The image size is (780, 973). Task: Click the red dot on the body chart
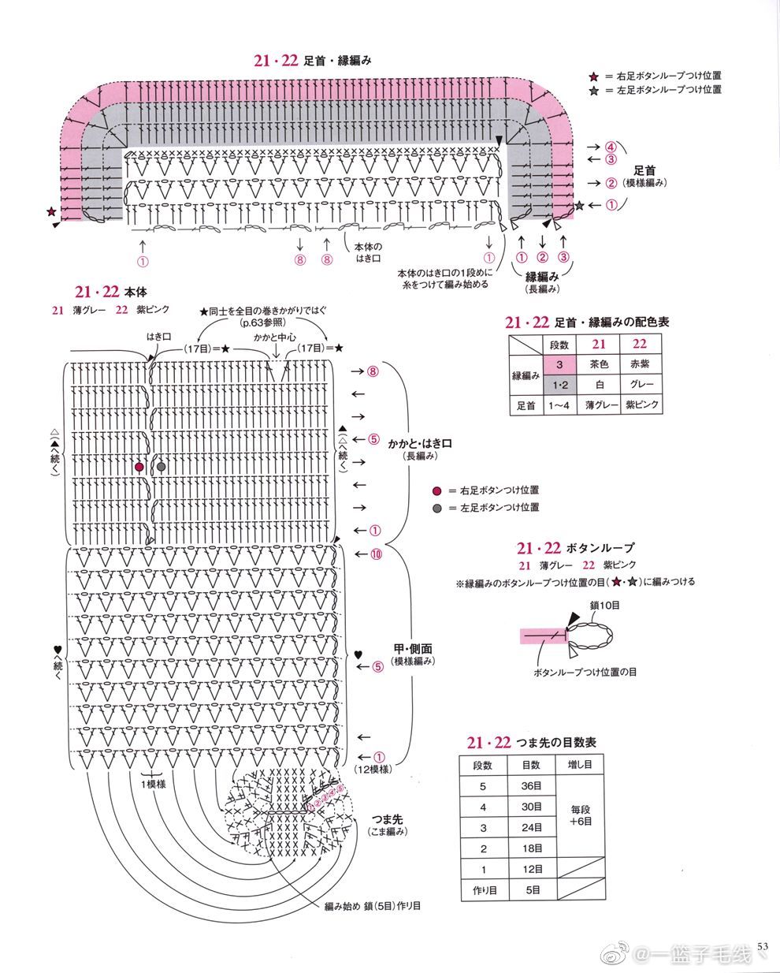(x=139, y=467)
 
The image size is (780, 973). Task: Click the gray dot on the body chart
(x=162, y=467)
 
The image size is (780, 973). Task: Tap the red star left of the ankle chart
(x=51, y=212)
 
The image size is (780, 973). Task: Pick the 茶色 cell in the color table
(x=599, y=364)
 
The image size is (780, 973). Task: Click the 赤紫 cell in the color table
(x=640, y=364)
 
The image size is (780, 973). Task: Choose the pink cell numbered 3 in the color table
(x=559, y=364)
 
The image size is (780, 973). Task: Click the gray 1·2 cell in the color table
(x=559, y=385)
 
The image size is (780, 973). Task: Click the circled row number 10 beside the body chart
(x=376, y=554)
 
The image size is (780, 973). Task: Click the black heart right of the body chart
(x=358, y=654)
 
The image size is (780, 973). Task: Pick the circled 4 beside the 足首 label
(x=611, y=147)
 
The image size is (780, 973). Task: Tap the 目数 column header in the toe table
(x=531, y=765)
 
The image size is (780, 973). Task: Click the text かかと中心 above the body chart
(x=275, y=337)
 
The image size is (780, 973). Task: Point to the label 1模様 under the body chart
(x=153, y=784)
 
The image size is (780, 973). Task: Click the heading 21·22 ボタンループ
(x=575, y=547)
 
